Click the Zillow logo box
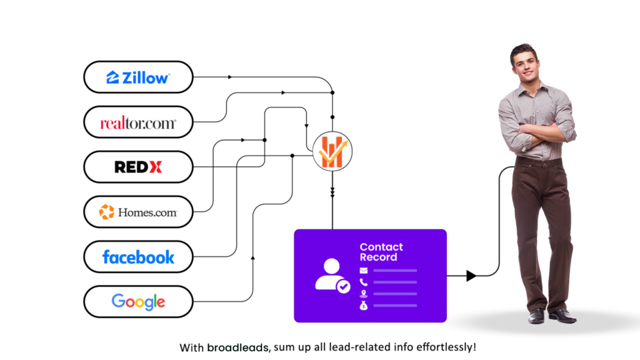(138, 77)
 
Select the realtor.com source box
(138, 122)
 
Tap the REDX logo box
(138, 167)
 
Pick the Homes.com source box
(138, 212)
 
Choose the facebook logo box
(138, 257)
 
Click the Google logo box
(138, 302)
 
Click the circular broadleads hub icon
(332, 151)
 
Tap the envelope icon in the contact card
(364, 270)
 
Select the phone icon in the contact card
(364, 282)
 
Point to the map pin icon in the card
(364, 294)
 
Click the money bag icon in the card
(364, 305)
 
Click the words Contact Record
(381, 252)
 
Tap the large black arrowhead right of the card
(471, 276)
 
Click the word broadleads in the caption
(238, 347)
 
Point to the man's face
(526, 66)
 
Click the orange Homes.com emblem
(106, 212)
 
